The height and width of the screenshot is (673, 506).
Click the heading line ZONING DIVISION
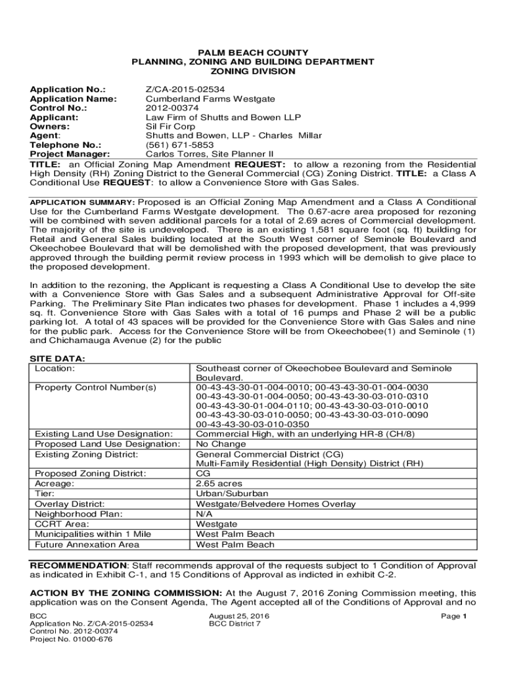(x=252, y=71)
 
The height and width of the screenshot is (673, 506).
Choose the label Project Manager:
(x=70, y=154)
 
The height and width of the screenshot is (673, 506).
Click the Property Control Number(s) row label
(x=95, y=388)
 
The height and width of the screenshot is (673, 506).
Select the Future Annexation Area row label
(x=87, y=545)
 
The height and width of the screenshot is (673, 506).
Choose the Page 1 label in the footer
(x=454, y=616)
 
